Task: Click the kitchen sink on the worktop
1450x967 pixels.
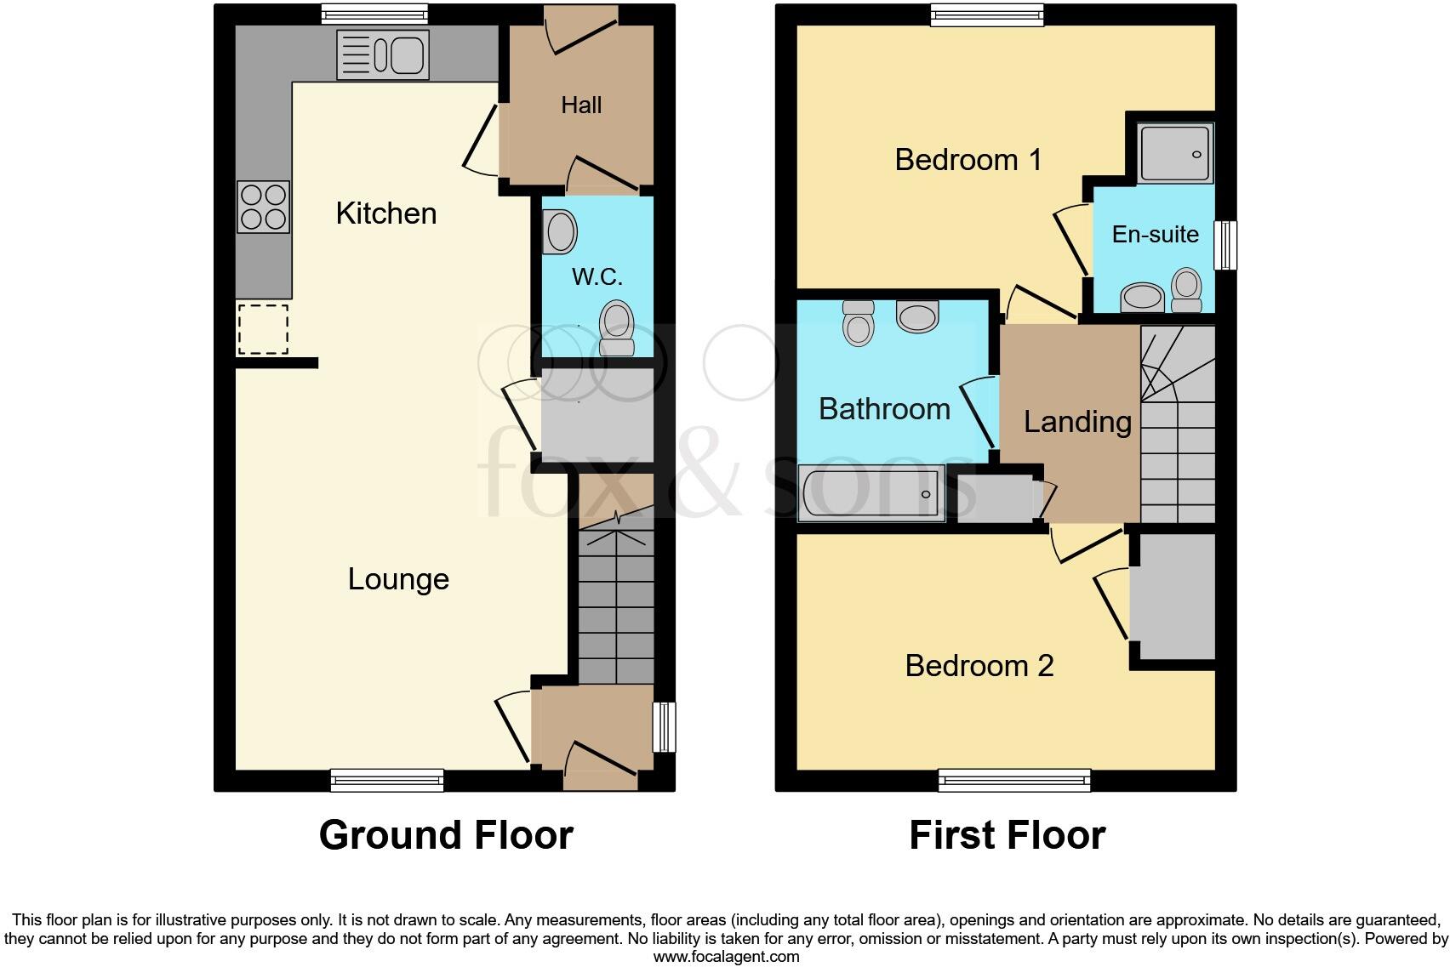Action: click(x=383, y=55)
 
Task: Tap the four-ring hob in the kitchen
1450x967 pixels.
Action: click(x=263, y=208)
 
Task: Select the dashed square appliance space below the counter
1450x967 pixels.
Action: click(x=263, y=329)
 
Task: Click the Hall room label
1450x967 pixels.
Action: click(x=581, y=105)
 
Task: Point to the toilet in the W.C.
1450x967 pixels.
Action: click(x=616, y=329)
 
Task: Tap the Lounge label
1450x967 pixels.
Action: click(x=398, y=579)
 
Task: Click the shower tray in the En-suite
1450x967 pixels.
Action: click(x=1175, y=154)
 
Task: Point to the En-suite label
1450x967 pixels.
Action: click(x=1155, y=234)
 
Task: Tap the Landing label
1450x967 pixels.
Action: click(x=1077, y=422)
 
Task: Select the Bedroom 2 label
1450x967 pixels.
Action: click(x=979, y=665)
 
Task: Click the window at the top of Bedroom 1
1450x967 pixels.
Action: click(x=987, y=14)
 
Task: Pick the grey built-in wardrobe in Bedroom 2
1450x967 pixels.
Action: click(x=1173, y=597)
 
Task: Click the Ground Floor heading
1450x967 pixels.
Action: click(x=446, y=835)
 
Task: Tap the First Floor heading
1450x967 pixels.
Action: click(x=1007, y=835)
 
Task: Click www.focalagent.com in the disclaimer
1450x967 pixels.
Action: click(x=726, y=956)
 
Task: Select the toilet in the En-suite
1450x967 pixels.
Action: click(x=1186, y=291)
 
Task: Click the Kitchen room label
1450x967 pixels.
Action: click(x=386, y=213)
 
